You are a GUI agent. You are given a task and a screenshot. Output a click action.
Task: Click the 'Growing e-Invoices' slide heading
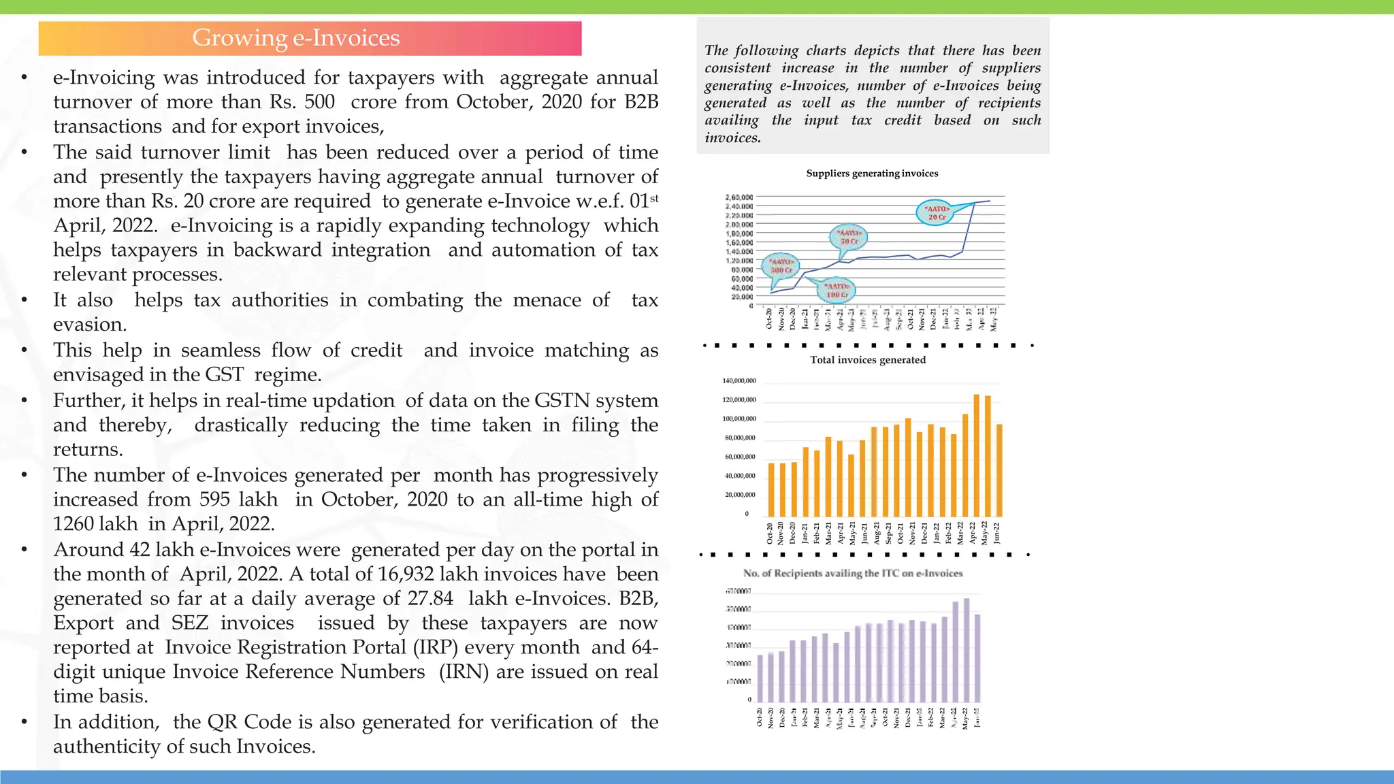click(x=295, y=38)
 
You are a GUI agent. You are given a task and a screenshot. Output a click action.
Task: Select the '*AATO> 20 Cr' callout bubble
click(x=937, y=213)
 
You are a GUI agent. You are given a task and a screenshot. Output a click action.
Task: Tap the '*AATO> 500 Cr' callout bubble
click(x=781, y=266)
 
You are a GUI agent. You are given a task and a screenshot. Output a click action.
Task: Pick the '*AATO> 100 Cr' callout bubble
click(x=837, y=291)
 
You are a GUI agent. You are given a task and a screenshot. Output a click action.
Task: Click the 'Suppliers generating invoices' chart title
click(x=872, y=174)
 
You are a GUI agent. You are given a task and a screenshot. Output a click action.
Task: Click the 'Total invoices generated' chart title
click(x=868, y=360)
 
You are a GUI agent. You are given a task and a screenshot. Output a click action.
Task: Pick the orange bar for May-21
click(x=851, y=485)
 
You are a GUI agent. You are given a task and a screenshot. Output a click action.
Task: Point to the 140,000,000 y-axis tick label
click(x=739, y=381)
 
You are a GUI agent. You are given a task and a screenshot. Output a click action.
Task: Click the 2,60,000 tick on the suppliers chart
click(x=739, y=197)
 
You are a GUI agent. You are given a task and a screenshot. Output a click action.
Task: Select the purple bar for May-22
click(x=967, y=650)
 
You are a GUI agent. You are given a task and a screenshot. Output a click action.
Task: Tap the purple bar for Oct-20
click(x=760, y=678)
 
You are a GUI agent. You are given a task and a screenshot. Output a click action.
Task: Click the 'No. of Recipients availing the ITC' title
click(x=853, y=574)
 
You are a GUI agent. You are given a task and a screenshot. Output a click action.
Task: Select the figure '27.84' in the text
click(x=430, y=598)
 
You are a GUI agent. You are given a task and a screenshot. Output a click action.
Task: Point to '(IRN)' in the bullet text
click(x=464, y=672)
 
